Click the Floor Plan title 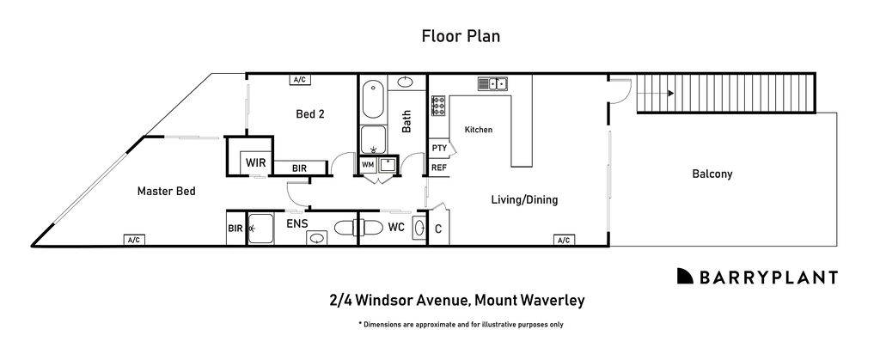pos(461,36)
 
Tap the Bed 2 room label pos(309,113)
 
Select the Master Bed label pos(167,192)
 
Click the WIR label pos(254,162)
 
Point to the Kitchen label pos(479,130)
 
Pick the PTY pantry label pos(438,148)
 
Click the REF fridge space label pos(438,168)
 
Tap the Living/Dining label pos(524,200)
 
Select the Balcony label pos(712,174)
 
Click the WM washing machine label pos(368,164)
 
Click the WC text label pos(395,228)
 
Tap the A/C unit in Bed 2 pos(300,80)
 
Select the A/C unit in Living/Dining pos(564,240)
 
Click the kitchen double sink pos(493,83)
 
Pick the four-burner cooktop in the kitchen pos(437,106)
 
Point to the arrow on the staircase pos(658,94)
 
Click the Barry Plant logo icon pos(685,276)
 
